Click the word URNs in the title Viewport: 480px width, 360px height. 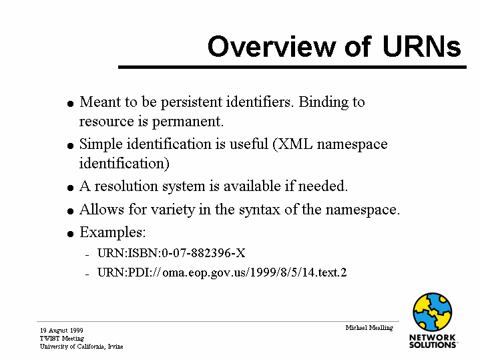point(421,46)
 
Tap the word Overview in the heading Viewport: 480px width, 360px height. point(272,46)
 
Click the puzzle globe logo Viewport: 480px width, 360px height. point(432,312)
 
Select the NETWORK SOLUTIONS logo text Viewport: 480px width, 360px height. point(433,341)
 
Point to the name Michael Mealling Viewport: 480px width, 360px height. point(369,328)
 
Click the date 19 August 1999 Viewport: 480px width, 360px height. point(61,331)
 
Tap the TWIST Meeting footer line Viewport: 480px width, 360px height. point(62,338)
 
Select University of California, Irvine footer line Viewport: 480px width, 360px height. point(81,346)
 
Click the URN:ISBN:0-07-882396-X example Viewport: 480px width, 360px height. point(172,253)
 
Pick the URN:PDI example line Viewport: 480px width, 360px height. point(222,272)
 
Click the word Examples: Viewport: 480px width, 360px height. point(113,232)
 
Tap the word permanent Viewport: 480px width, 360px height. point(188,122)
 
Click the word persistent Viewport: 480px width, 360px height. point(192,102)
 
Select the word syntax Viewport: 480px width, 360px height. point(260,210)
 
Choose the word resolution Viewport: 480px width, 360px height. point(126,186)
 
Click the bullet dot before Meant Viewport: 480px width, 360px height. point(70,104)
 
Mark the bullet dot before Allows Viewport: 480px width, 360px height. point(70,211)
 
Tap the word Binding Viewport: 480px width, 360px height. point(324,102)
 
